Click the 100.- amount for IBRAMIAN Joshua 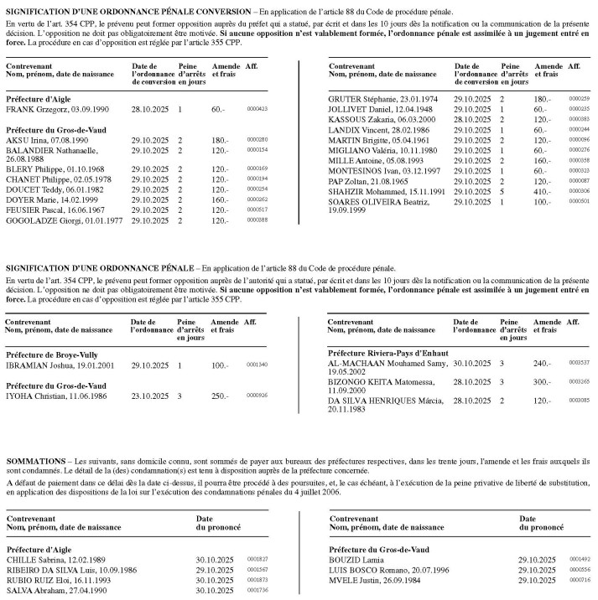pos(221,365)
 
